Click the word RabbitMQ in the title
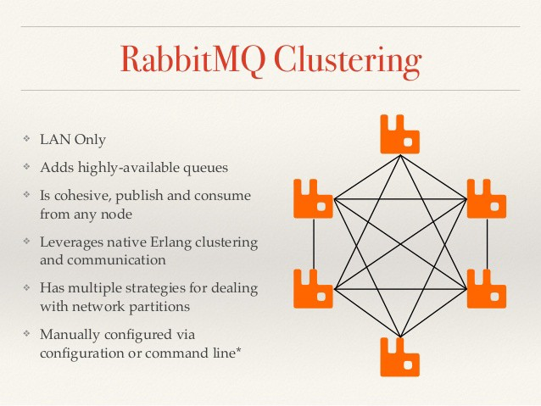193,59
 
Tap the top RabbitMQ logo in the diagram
400,134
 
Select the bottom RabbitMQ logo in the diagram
400,357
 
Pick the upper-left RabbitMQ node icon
313,198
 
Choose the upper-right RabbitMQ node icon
487,198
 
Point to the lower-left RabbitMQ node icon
313,289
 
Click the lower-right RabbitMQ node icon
487,289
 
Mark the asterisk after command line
237,351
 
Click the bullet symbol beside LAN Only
27,139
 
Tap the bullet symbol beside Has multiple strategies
27,287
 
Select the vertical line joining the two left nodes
314,244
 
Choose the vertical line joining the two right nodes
487,244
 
